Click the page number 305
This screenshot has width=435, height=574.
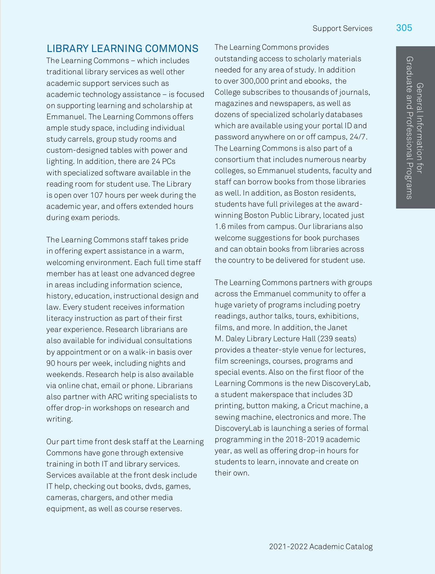coord(404,28)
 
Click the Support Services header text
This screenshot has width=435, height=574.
coord(342,28)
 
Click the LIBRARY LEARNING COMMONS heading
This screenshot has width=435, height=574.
coord(122,48)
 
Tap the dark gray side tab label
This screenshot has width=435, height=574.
coord(415,128)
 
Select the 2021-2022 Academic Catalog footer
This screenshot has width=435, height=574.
coord(321,547)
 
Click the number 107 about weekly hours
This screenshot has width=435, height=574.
coord(96,195)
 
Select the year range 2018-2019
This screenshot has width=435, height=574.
coord(304,439)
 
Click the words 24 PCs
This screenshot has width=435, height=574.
coord(164,161)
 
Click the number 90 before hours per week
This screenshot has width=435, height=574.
coord(50,363)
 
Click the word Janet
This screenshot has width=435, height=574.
coord(338,327)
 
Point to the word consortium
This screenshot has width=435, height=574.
coord(234,159)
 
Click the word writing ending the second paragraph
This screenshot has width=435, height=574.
coord(59,419)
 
